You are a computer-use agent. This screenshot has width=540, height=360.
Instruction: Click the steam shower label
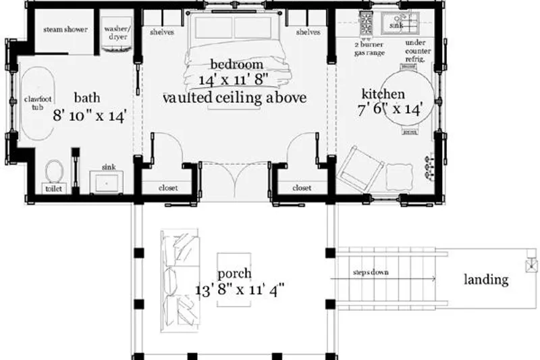(x=65, y=30)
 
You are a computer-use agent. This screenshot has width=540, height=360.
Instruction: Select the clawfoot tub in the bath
(x=38, y=103)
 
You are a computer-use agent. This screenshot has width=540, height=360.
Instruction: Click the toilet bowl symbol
(x=54, y=171)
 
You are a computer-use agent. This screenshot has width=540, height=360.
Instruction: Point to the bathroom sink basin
(x=107, y=182)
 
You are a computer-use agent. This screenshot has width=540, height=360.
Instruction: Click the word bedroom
(x=237, y=64)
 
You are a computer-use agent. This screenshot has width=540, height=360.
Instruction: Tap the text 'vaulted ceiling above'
(x=234, y=97)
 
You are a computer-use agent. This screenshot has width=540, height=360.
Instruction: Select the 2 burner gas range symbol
(x=366, y=23)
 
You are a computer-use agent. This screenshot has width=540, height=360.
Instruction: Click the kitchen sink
(x=400, y=23)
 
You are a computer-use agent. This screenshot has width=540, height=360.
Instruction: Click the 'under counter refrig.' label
(x=418, y=51)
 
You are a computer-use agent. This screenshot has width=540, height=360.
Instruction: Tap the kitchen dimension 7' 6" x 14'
(x=390, y=109)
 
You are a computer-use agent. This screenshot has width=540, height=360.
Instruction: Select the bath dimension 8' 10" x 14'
(x=90, y=115)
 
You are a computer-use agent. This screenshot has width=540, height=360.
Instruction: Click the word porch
(x=234, y=274)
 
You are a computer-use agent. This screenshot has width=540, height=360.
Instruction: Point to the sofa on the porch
(x=180, y=281)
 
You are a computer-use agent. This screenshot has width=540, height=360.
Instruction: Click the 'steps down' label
(x=371, y=272)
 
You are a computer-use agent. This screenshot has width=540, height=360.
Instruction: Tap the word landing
(x=486, y=280)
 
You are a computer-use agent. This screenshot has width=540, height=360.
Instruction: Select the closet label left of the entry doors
(x=168, y=188)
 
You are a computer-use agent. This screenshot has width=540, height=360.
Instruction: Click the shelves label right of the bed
(x=308, y=32)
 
